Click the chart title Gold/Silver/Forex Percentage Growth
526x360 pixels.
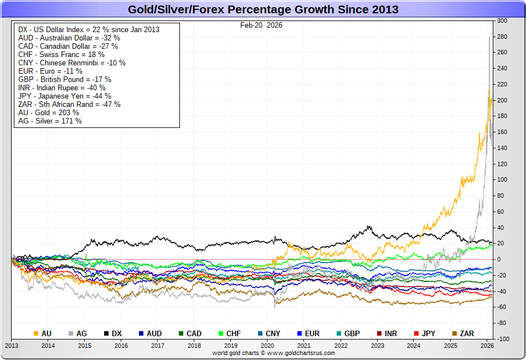tap(263, 10)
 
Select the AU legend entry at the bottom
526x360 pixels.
tap(43, 333)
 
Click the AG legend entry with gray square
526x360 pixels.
tap(77, 333)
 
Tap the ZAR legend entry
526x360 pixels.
tap(462, 333)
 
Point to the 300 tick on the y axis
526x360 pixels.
tap(502, 20)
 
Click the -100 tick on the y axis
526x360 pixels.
tap(502, 338)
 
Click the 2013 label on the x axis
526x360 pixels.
tap(12, 346)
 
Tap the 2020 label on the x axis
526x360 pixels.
tap(267, 346)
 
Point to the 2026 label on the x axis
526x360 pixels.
tap(487, 346)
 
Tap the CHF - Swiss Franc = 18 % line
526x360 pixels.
tap(61, 54)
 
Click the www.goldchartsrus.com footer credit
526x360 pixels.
tap(274, 353)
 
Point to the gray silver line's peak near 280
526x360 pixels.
tap(488, 37)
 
